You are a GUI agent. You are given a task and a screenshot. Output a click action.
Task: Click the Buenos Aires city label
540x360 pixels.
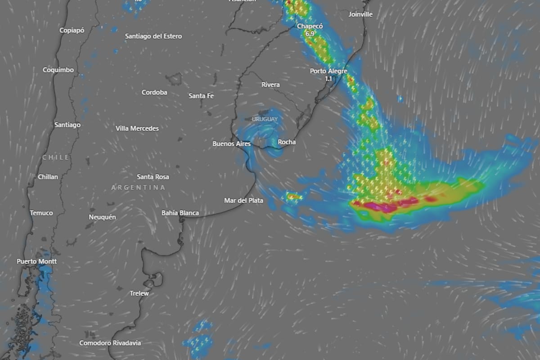click(231, 144)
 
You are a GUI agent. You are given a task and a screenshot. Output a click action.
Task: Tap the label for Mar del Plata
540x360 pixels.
click(243, 200)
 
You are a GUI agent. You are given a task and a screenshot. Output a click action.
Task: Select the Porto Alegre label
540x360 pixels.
click(328, 71)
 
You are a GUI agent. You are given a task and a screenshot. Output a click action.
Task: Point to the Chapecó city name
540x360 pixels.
click(310, 27)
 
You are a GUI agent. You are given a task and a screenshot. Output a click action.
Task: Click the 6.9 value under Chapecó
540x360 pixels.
click(310, 34)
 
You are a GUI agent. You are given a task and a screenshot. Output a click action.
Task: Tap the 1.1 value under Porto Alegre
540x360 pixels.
click(328, 79)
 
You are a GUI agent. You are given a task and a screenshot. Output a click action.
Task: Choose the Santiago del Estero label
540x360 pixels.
click(153, 36)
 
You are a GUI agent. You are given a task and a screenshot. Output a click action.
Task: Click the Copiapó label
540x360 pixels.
click(72, 30)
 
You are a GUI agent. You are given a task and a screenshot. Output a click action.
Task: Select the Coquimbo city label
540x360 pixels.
click(58, 70)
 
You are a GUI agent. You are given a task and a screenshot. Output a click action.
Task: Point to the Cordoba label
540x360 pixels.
click(154, 92)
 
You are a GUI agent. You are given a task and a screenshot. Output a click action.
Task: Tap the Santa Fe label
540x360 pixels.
click(201, 96)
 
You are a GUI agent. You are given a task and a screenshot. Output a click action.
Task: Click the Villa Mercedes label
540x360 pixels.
click(137, 128)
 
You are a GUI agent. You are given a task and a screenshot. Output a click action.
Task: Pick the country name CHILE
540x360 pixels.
click(56, 157)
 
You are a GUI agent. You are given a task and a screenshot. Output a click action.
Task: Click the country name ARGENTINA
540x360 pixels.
click(138, 187)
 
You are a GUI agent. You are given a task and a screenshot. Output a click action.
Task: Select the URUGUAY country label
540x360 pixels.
click(265, 119)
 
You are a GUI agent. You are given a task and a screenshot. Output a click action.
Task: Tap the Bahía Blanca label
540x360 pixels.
click(180, 213)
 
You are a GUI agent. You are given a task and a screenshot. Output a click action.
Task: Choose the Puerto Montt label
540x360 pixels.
click(37, 261)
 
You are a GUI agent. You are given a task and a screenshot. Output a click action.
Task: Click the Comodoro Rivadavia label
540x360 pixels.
click(110, 343)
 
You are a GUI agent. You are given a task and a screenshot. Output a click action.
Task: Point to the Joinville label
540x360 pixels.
click(361, 14)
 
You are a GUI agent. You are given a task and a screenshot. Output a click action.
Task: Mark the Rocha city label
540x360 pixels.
click(287, 142)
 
